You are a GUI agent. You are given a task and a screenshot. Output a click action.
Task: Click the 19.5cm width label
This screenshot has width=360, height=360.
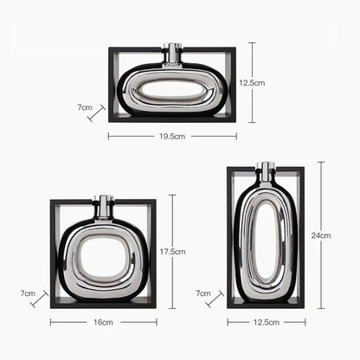172,136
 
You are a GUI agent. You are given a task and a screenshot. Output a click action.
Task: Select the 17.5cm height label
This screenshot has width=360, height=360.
173,252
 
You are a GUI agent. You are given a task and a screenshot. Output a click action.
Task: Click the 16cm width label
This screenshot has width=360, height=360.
102,322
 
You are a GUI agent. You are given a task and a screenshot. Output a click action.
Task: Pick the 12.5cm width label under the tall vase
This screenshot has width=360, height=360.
267,322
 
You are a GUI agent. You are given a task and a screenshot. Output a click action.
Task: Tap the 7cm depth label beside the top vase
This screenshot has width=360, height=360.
84,108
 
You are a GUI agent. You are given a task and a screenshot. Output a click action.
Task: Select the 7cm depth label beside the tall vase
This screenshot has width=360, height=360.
203,293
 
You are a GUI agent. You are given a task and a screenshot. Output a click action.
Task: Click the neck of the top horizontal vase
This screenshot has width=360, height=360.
172,55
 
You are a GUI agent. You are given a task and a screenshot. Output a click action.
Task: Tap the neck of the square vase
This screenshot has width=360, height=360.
103,206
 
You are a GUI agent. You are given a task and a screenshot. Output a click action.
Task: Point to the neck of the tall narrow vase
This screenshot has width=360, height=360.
267,171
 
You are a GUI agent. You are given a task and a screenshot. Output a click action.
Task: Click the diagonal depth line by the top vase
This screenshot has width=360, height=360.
96,113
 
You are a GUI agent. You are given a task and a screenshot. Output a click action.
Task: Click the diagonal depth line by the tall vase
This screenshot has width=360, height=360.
215,299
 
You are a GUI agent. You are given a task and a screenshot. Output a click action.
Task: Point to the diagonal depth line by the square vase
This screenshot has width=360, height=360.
38,299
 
